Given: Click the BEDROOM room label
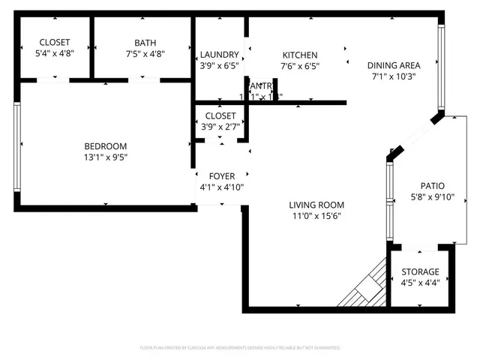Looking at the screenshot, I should point(105,146).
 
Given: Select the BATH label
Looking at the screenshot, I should point(145,43).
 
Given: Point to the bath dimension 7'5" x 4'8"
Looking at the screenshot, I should point(145,53).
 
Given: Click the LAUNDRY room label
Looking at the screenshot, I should point(220,55).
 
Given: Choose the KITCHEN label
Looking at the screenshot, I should point(300,55).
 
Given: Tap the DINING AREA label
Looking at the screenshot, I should point(394,64).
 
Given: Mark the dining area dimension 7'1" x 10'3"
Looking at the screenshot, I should point(394,76).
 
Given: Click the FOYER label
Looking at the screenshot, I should point(220,176).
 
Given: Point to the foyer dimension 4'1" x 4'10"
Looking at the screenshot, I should point(220,187).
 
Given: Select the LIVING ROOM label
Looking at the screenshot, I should point(316,205).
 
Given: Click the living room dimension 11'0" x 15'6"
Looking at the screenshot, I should point(316,216).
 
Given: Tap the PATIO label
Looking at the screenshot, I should point(433,186).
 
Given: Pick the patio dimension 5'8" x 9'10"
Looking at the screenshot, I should point(433,197).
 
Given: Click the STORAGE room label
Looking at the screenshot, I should point(420,271).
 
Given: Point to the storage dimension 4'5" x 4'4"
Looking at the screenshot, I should point(420,283).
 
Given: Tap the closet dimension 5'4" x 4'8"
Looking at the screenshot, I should point(54,53).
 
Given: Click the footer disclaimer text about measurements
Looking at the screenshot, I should point(240,348).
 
